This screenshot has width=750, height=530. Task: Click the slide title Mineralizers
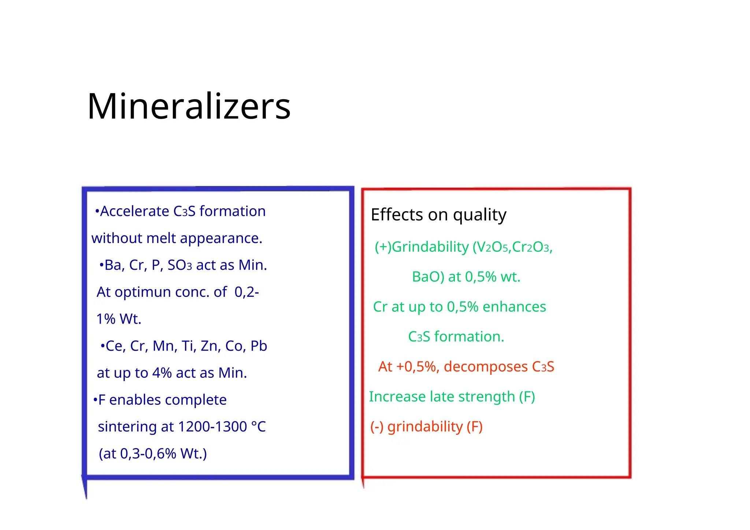click(189, 107)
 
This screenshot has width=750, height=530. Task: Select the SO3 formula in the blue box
click(179, 265)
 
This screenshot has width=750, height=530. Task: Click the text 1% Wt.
click(119, 319)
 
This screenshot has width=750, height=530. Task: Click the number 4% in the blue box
click(162, 373)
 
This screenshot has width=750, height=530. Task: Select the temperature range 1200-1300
click(212, 427)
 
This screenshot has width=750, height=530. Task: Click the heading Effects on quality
click(438, 215)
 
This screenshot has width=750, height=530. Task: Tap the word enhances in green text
click(514, 307)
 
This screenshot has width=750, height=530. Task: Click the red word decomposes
click(486, 367)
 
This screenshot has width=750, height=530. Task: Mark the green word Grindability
click(430, 247)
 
